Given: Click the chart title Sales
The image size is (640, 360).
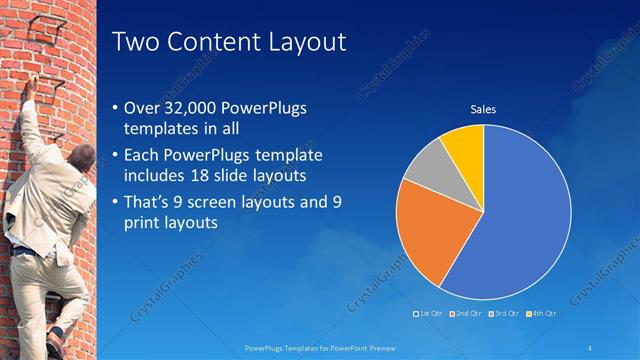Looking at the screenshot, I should coord(483,109).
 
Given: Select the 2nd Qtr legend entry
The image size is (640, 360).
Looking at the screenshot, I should coord(467,314).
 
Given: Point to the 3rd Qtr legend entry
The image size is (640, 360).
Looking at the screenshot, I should coord(503,314).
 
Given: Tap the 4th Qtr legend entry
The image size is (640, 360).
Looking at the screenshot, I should coord(540,314).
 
